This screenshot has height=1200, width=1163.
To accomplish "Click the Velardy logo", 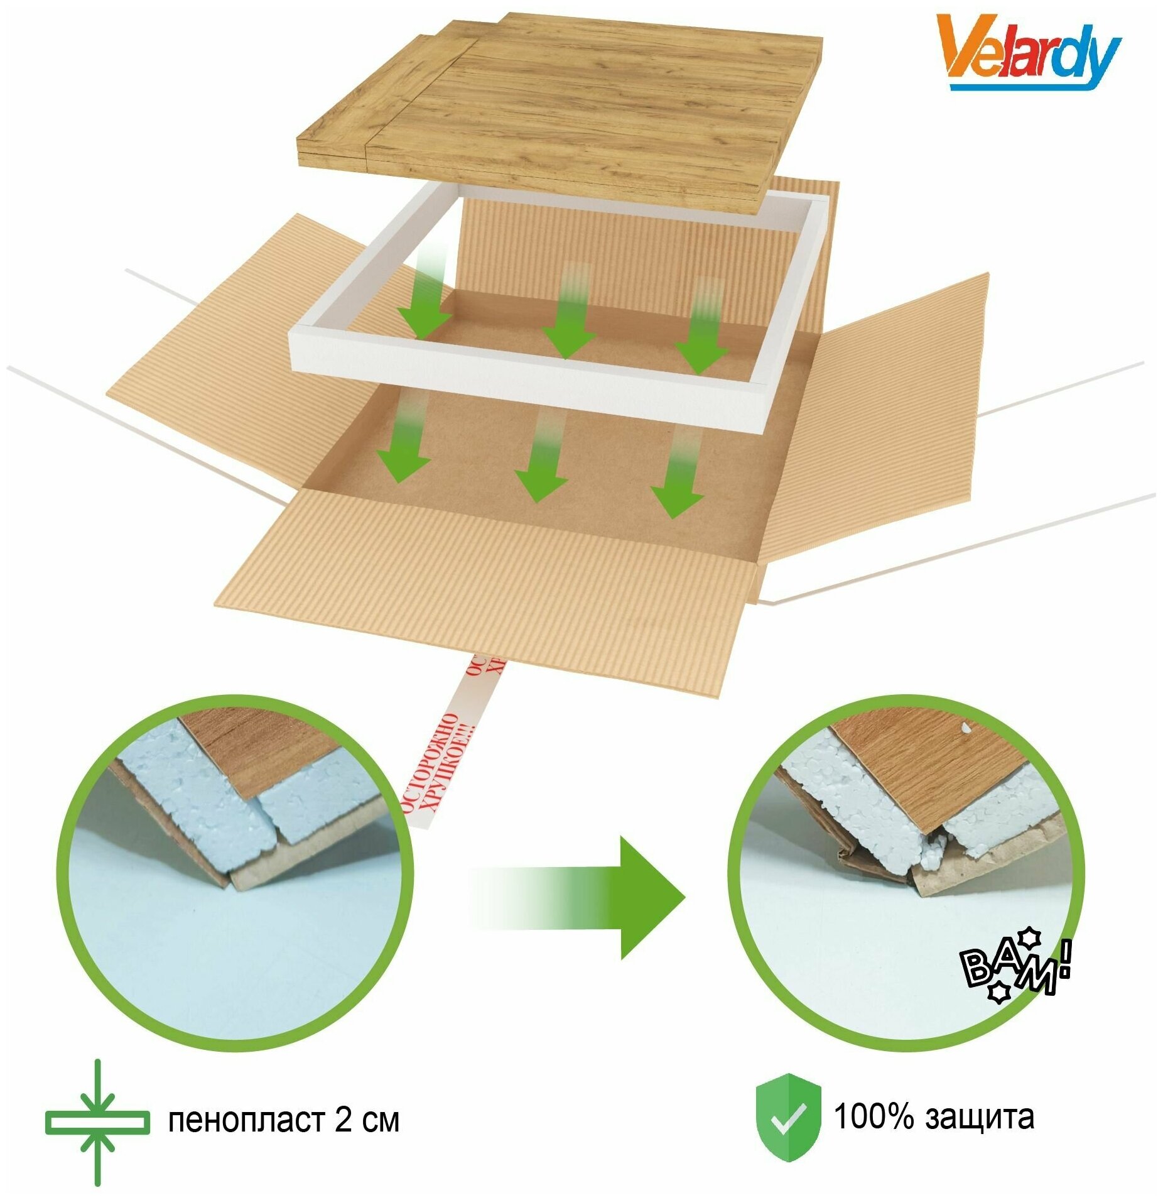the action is (x=1027, y=53).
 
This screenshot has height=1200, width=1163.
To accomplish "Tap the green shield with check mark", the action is (x=787, y=1119).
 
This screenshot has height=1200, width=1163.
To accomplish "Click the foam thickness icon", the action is (x=97, y=1123).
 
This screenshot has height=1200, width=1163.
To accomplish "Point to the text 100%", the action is (x=874, y=1117).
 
